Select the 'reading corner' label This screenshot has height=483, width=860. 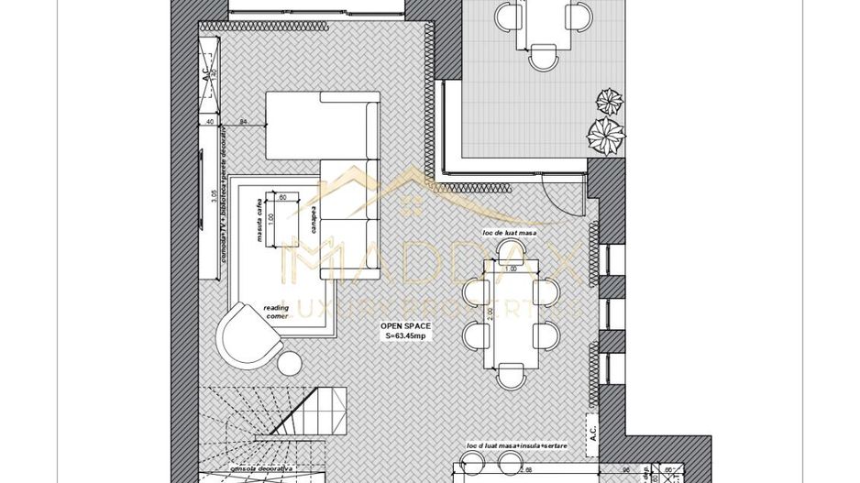point(276,312)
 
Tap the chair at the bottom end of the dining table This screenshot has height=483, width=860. point(512,375)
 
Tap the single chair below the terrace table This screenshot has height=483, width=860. point(543,60)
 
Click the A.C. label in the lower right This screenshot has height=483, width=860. point(594,430)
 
